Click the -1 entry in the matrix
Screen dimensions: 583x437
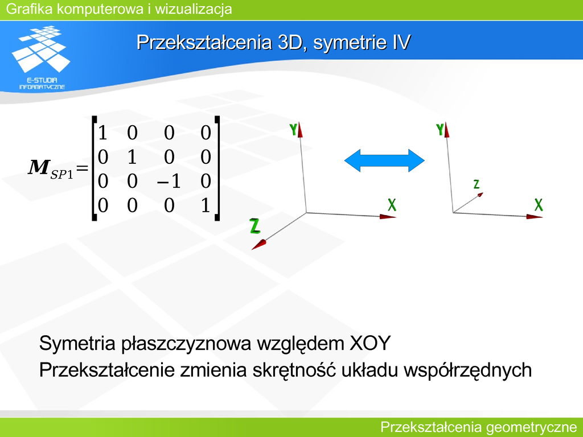(169, 182)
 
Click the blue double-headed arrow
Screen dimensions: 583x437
(384, 160)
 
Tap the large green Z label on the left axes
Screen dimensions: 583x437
(255, 226)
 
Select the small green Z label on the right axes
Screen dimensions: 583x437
(477, 184)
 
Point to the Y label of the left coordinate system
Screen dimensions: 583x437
(293, 130)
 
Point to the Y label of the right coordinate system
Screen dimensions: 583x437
(440, 130)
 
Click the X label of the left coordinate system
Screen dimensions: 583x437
(392, 205)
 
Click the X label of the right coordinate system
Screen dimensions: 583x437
(539, 205)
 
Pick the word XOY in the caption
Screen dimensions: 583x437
(370, 343)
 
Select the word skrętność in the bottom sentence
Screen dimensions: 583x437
(294, 370)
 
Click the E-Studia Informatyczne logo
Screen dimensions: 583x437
(42, 57)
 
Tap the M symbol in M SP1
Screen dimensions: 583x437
(38, 167)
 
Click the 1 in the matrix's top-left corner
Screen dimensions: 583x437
(102, 133)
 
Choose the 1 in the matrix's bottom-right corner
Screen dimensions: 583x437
(206, 205)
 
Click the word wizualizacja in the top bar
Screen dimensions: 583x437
(194, 9)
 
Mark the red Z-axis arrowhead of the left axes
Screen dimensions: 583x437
(259, 245)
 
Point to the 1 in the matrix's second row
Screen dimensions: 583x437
(132, 157)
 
